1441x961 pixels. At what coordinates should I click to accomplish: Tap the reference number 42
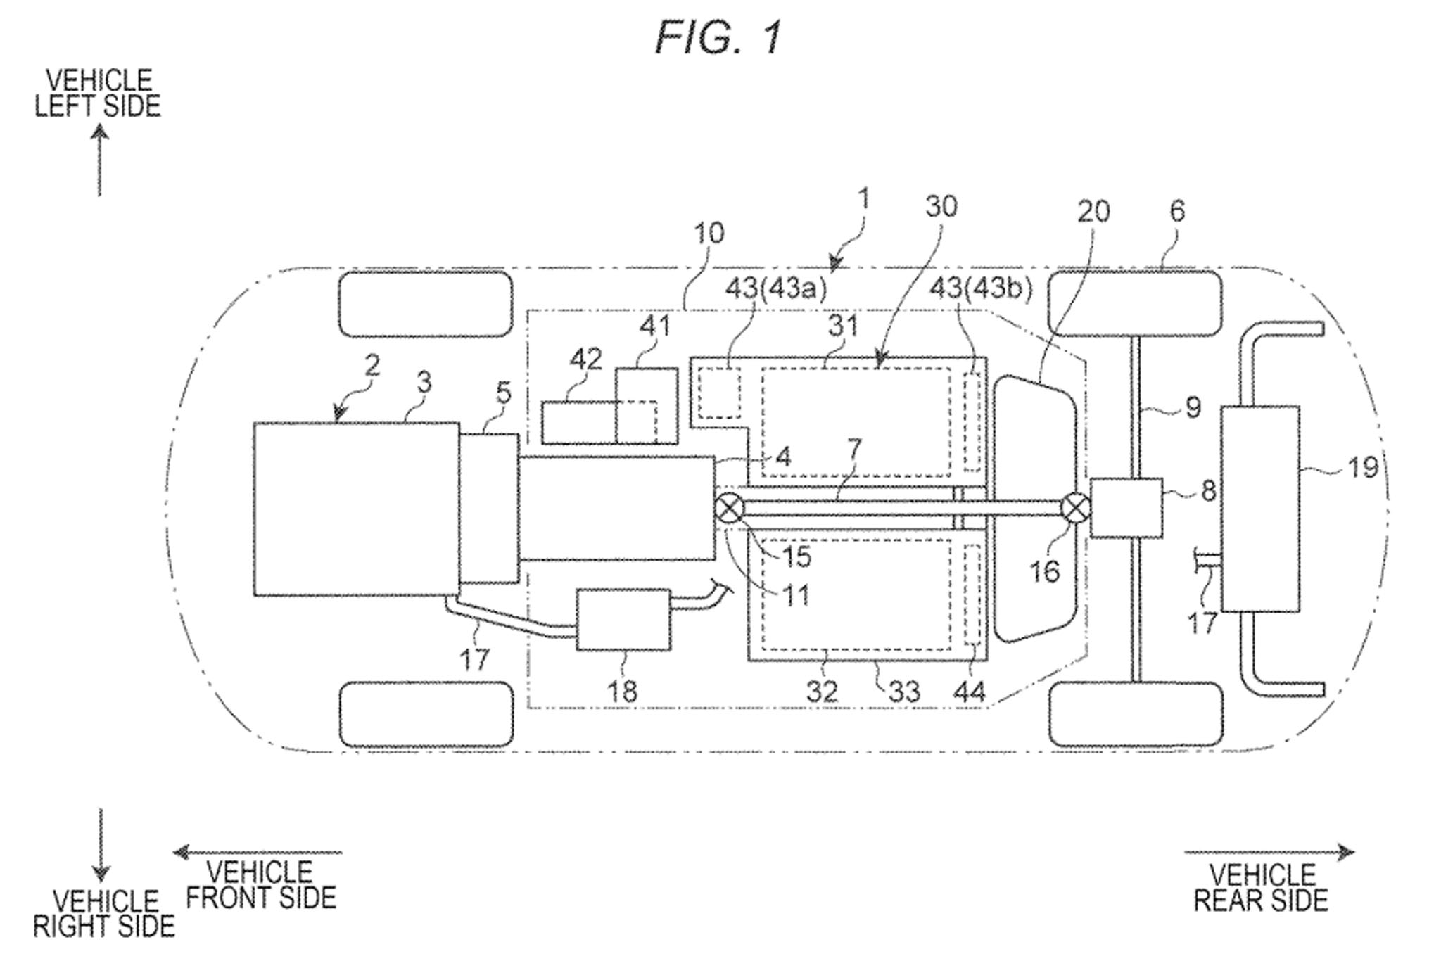pyautogui.click(x=585, y=359)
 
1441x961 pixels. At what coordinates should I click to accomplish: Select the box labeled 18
pyautogui.click(x=623, y=619)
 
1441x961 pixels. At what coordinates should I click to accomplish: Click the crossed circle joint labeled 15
pyautogui.click(x=730, y=509)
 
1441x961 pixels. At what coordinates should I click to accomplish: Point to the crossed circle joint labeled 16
pyautogui.click(x=1074, y=509)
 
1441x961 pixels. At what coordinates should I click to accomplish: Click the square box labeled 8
pyautogui.click(x=1126, y=508)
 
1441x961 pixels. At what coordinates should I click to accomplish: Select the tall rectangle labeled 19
pyautogui.click(x=1260, y=508)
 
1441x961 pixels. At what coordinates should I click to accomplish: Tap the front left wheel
pyautogui.click(x=426, y=305)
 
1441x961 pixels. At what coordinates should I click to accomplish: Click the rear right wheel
pyautogui.click(x=1135, y=715)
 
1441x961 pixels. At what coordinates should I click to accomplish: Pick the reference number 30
pyautogui.click(x=941, y=207)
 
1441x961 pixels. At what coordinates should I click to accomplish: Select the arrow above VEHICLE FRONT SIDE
pyautogui.click(x=258, y=853)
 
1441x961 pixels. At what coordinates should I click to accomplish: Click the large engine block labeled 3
pyautogui.click(x=356, y=509)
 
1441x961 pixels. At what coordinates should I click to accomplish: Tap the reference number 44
pyautogui.click(x=970, y=692)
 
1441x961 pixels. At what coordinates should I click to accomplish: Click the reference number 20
pyautogui.click(x=1093, y=211)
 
